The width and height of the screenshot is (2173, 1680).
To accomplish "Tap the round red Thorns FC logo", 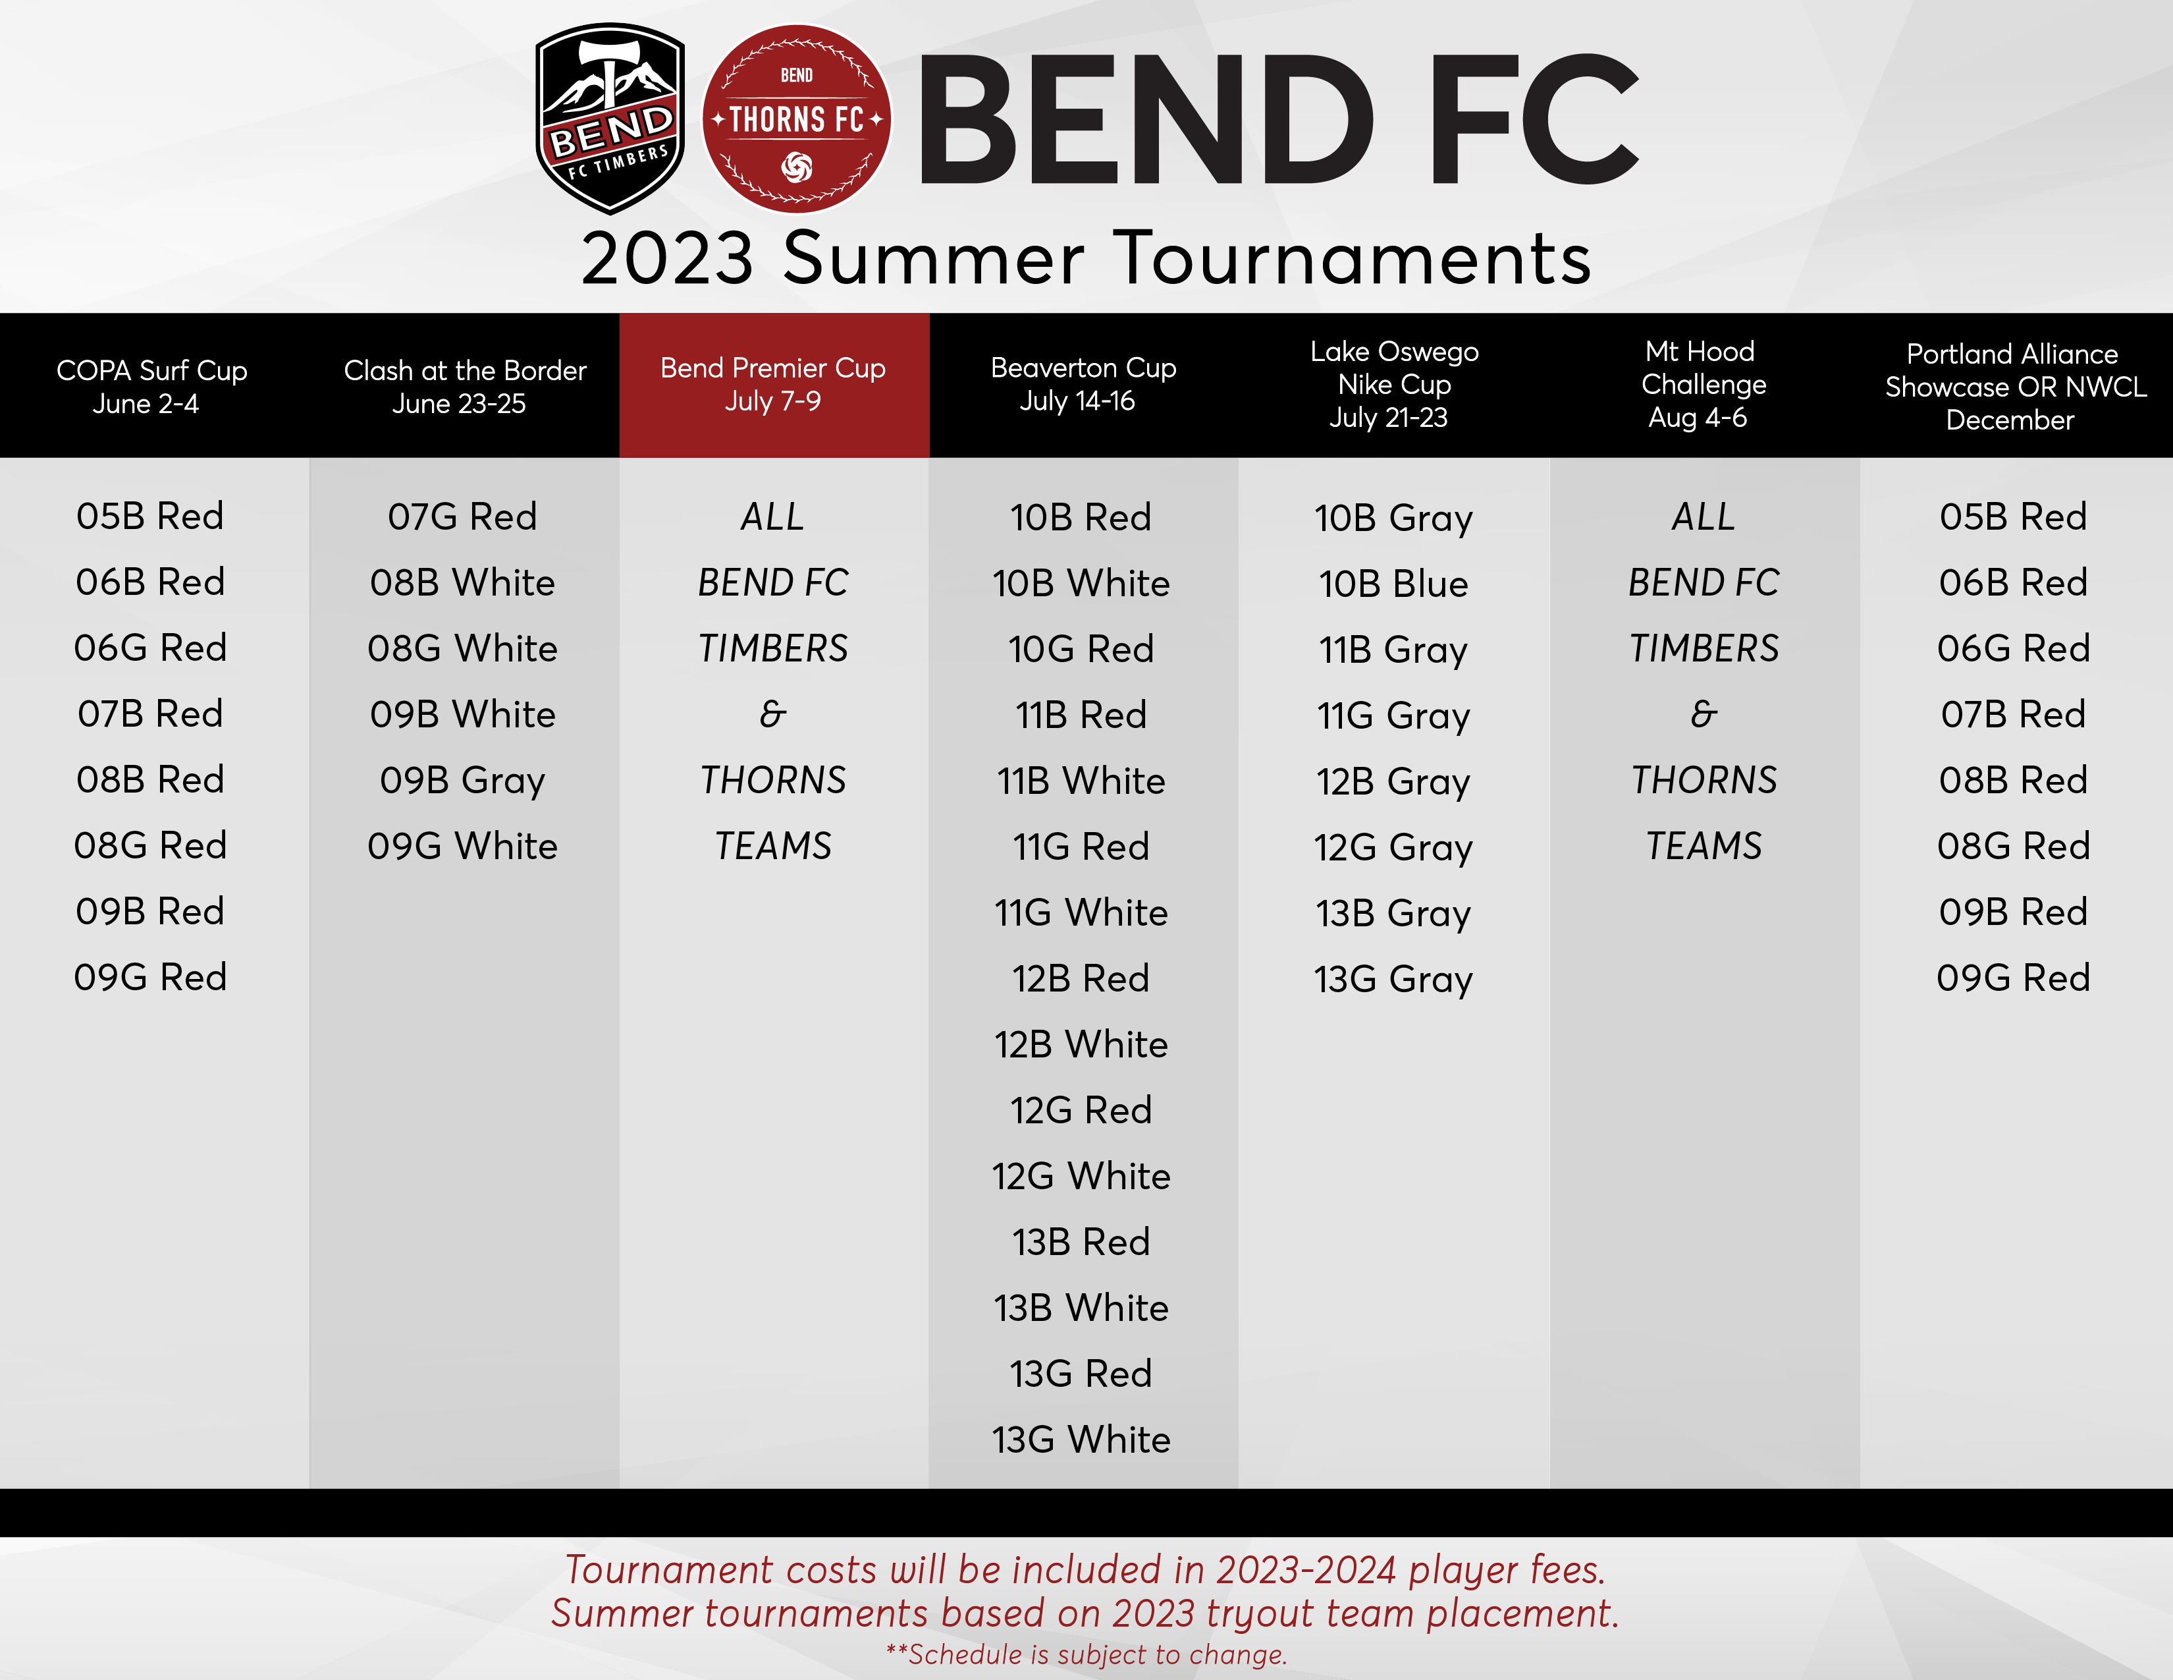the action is [796, 119].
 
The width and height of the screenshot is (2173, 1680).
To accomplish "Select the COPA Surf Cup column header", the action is [151, 386].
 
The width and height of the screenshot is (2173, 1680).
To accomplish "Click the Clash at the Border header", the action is [465, 386].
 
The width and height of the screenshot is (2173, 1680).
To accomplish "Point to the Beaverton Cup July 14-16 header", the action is [1083, 384].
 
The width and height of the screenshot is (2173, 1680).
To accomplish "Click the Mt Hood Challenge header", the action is [1702, 384].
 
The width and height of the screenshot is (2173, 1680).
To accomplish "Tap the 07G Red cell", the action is [463, 517].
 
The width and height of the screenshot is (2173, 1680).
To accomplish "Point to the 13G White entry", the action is [1081, 1439].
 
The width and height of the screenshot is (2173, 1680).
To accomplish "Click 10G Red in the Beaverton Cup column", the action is [1081, 649].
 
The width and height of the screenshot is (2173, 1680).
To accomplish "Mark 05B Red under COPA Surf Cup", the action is [150, 516].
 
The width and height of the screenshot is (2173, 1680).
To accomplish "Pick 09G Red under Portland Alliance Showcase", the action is [2013, 977].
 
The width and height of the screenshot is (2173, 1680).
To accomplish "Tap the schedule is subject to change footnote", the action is [1086, 1654].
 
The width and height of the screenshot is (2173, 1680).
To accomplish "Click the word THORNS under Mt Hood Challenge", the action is [1704, 780].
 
